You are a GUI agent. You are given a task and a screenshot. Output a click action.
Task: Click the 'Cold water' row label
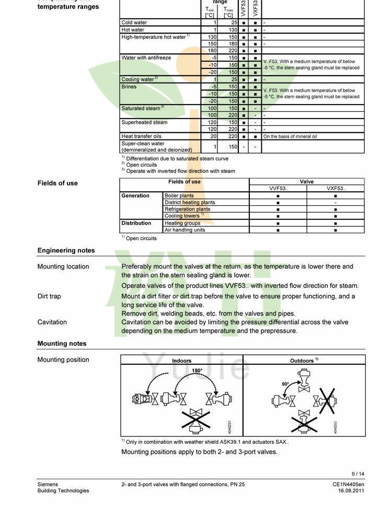[x=134, y=22]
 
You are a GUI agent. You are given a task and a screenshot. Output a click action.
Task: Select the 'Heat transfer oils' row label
[x=141, y=136]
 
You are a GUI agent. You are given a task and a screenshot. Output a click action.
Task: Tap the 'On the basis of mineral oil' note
[x=290, y=136]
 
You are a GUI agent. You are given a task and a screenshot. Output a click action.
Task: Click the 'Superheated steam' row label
[x=144, y=122]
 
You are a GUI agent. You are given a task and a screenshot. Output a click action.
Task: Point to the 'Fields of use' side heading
[x=57, y=183]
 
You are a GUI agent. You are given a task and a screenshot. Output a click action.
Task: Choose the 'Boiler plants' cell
[x=179, y=195]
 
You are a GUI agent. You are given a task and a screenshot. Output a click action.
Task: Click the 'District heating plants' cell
[x=190, y=202]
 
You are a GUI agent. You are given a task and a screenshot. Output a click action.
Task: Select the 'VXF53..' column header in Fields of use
[x=336, y=189]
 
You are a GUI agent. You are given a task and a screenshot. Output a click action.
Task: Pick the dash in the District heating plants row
[x=336, y=202]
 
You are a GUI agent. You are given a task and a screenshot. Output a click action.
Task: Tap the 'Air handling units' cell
[x=185, y=230]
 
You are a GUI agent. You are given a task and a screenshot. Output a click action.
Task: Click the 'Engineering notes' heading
[x=66, y=251]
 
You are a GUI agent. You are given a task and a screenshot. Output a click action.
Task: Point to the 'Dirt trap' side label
[x=49, y=296]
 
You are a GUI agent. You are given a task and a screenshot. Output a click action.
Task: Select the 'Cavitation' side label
[x=52, y=322]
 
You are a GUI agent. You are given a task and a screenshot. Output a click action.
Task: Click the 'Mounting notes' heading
[x=62, y=344]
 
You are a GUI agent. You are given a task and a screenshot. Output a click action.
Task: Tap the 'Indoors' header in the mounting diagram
[x=182, y=361]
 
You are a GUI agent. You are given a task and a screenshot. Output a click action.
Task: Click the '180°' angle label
[x=197, y=370]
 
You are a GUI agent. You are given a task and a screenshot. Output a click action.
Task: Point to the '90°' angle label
[x=285, y=384]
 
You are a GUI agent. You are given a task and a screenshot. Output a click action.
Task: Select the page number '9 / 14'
[x=358, y=474]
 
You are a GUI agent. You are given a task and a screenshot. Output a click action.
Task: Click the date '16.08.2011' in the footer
[x=351, y=491]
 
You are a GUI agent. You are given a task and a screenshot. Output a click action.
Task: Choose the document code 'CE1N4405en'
[x=349, y=484]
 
